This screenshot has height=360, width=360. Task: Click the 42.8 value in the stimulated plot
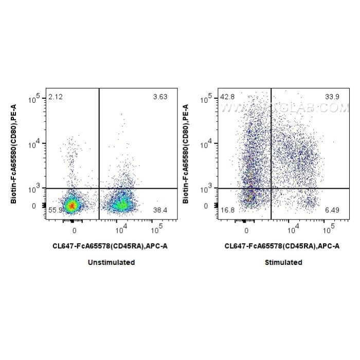pyautogui.click(x=227, y=96)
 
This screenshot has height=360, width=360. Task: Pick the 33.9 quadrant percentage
pyautogui.click(x=332, y=96)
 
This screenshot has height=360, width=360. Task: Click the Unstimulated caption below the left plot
pyautogui.click(x=111, y=262)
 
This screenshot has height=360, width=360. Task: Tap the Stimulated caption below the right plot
pyautogui.click(x=283, y=262)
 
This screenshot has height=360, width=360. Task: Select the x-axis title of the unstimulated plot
pyautogui.click(x=110, y=246)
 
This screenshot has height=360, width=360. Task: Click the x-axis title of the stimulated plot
pyautogui.click(x=282, y=246)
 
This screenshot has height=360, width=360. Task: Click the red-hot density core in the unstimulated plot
pyautogui.click(x=73, y=206)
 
